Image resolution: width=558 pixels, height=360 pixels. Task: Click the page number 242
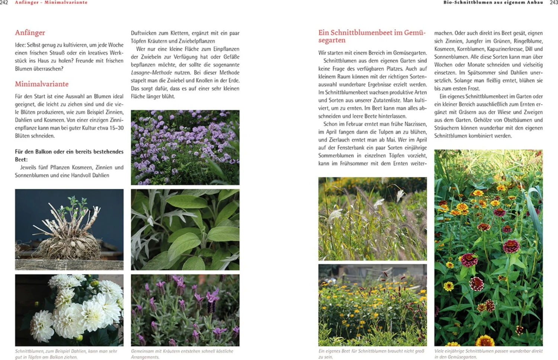click(4, 3)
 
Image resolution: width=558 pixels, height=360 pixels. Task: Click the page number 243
click(554, 3)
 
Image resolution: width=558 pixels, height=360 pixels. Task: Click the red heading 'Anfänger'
click(30, 33)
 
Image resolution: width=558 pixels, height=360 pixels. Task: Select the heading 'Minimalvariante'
click(42, 84)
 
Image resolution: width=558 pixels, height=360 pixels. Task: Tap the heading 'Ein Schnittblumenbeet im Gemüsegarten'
click(371, 36)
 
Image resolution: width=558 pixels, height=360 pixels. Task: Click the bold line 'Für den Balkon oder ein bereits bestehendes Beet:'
click(69, 155)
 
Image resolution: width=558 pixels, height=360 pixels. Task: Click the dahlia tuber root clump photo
click(69, 229)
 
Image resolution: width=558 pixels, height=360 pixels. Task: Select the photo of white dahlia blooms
click(69, 310)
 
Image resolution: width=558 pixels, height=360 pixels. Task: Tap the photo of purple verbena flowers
click(185, 147)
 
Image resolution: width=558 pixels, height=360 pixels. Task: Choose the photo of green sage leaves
click(185, 229)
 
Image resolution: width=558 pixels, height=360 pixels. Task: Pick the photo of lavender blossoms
click(185, 310)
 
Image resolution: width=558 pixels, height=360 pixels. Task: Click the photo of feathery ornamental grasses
click(372, 219)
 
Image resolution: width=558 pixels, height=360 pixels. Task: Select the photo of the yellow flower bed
click(372, 305)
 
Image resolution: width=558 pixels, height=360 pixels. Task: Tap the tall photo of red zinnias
click(488, 248)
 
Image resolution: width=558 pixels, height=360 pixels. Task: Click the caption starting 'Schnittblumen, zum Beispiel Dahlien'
click(66, 354)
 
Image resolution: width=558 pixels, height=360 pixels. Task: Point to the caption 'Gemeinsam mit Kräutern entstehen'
click(182, 354)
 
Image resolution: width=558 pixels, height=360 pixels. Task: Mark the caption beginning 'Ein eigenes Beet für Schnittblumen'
click(371, 354)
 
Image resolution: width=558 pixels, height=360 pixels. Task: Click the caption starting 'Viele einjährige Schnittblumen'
click(488, 354)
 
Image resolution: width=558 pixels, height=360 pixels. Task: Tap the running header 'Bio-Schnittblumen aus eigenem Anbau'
click(493, 3)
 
